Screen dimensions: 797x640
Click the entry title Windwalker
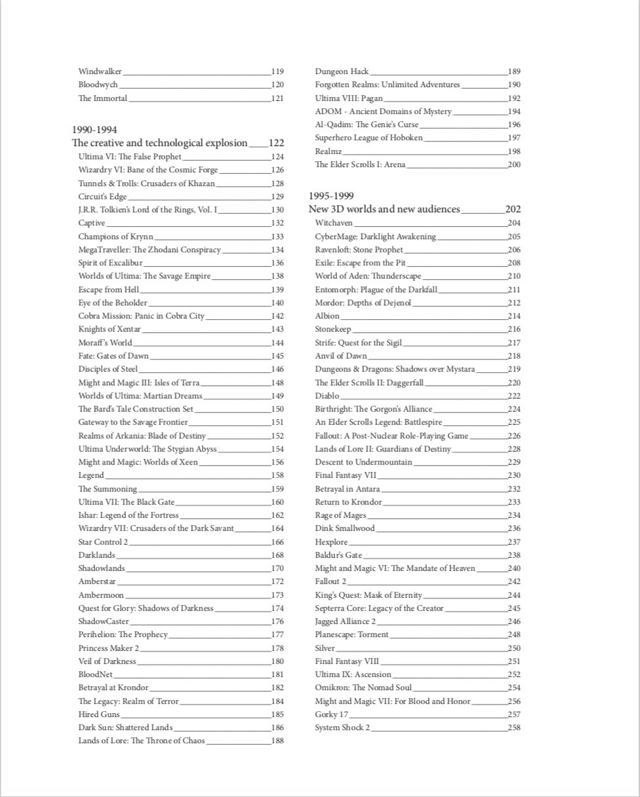(x=100, y=71)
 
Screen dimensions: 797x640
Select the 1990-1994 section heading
(x=94, y=130)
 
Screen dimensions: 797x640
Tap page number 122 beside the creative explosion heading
(x=276, y=143)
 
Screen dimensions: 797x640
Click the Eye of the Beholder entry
(x=113, y=303)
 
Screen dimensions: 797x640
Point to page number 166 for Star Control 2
(x=277, y=542)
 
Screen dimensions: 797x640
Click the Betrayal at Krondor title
(x=113, y=688)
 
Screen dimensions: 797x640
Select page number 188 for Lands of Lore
(x=277, y=741)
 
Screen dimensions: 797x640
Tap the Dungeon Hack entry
(x=342, y=71)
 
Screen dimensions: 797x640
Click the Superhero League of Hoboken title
(x=369, y=138)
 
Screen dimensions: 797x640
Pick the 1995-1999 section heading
(x=331, y=196)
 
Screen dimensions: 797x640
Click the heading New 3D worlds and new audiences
(x=384, y=209)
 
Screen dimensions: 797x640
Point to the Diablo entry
(x=327, y=396)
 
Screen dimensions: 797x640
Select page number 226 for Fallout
(x=514, y=436)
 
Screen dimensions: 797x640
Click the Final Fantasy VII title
(x=346, y=476)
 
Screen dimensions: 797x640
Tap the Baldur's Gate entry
(x=338, y=555)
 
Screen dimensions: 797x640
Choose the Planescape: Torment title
(x=351, y=635)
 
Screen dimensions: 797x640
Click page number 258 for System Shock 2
(x=514, y=728)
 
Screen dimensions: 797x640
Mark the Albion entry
(x=327, y=316)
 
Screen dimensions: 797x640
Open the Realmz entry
(x=329, y=151)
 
